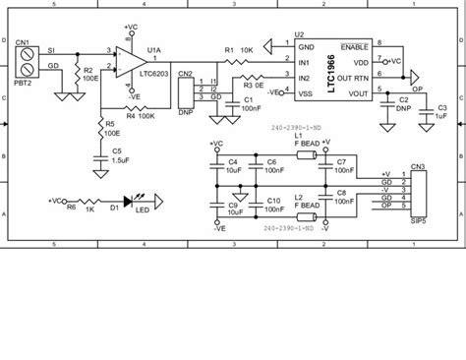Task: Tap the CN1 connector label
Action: coord(21,44)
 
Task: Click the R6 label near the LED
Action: coord(70,208)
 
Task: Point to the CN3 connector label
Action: coord(418,168)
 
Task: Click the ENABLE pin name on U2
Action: coord(353,46)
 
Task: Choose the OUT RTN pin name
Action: coord(352,77)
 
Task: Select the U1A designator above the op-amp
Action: coord(153,48)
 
